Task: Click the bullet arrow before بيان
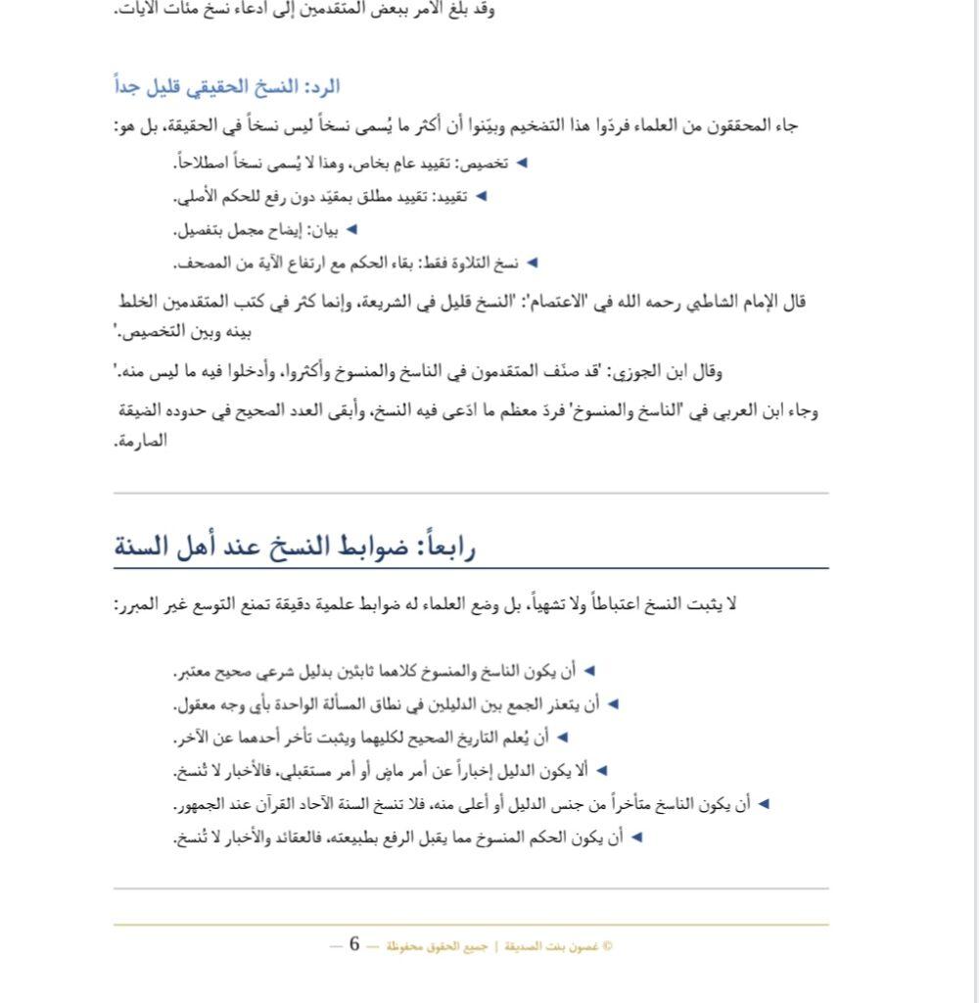coord(351,230)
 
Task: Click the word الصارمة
coord(141,441)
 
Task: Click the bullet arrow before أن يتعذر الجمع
coord(613,704)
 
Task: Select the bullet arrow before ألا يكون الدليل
coord(602,772)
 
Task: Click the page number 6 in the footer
coord(354,944)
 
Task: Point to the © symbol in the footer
coord(608,946)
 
